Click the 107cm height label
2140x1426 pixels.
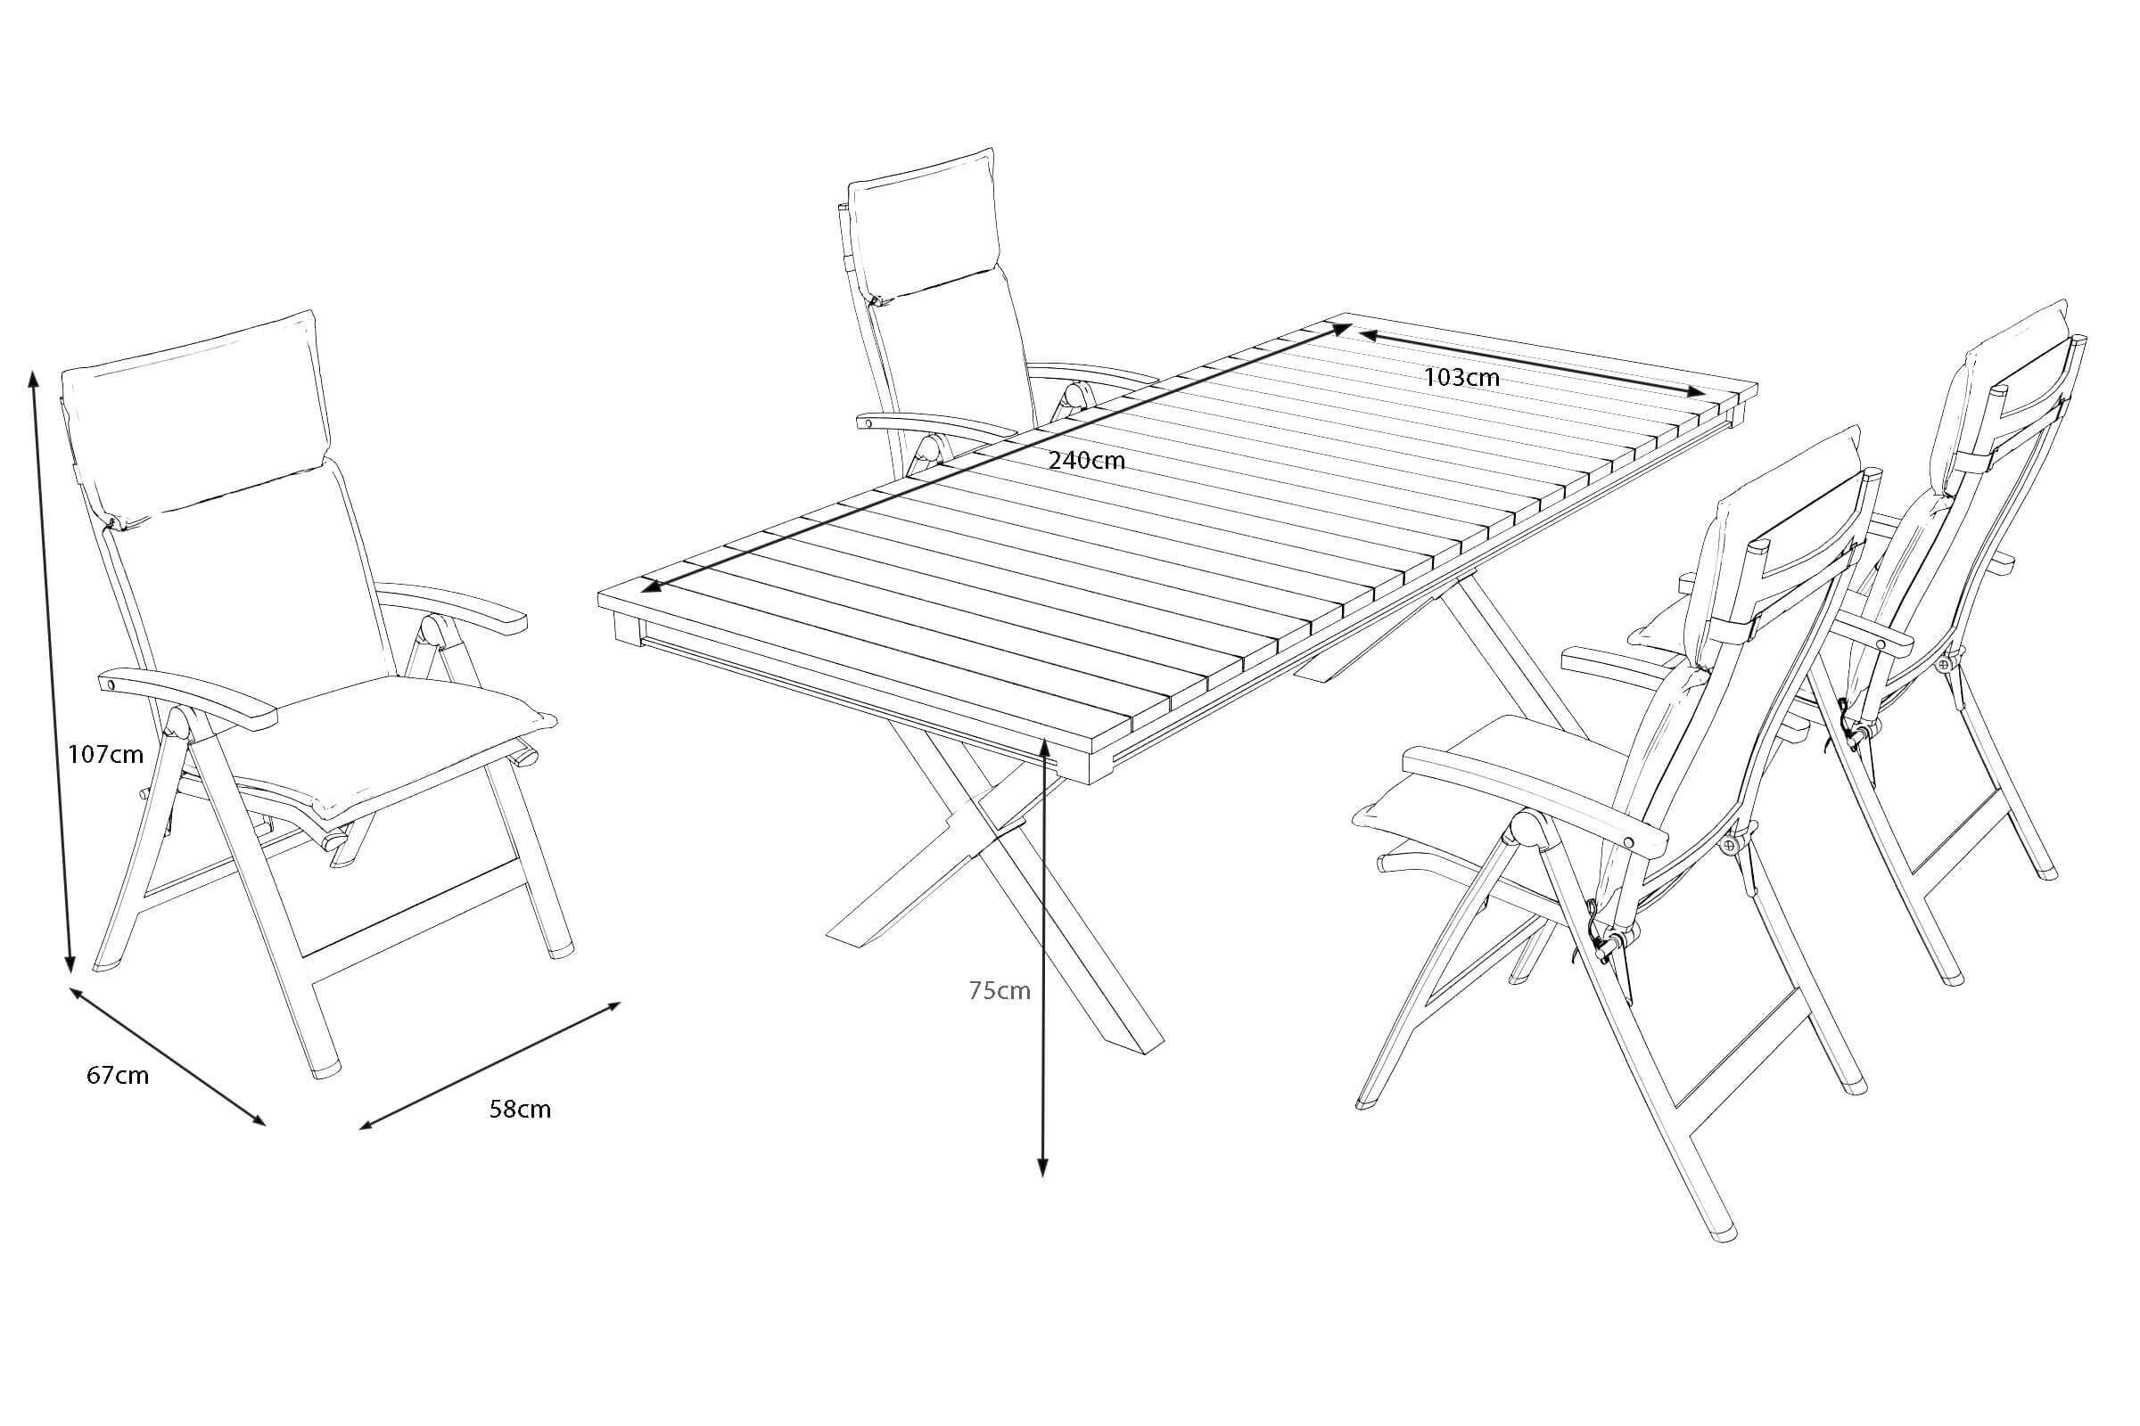(105, 754)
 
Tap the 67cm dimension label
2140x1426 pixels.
(118, 1075)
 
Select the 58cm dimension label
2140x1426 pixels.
(520, 1109)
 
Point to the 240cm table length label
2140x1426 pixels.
(1086, 460)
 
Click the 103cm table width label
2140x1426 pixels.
(1461, 375)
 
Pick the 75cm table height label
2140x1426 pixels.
(999, 990)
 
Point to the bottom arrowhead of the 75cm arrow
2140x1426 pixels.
(1043, 1168)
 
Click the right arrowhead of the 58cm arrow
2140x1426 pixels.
(611, 1007)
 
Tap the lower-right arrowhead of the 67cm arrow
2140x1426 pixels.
(257, 1119)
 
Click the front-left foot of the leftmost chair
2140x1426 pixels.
(326, 1069)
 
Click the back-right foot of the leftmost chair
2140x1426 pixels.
(564, 948)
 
